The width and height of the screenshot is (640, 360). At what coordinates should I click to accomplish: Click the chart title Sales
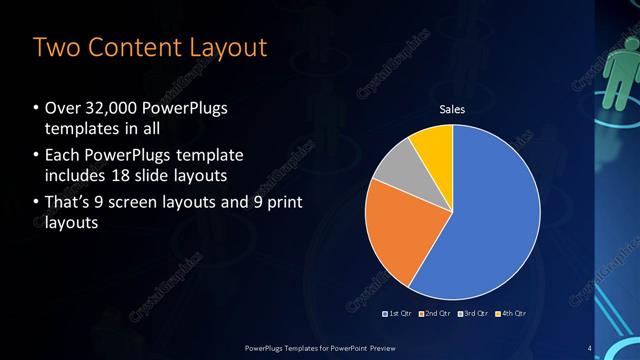tap(453, 109)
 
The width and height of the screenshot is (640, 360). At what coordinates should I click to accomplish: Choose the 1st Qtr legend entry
tap(399, 313)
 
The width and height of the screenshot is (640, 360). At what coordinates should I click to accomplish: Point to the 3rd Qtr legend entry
tap(474, 313)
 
